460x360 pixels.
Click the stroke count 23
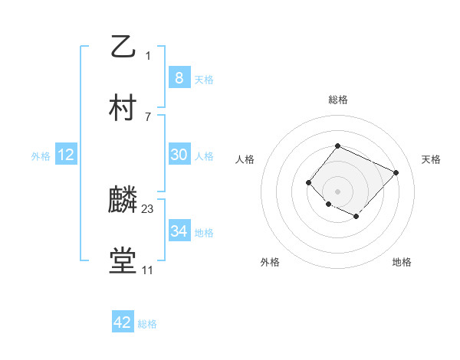tap(148, 208)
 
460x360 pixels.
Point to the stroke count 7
tap(148, 116)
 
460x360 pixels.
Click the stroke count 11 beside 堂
tap(148, 270)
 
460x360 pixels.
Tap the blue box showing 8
tap(179, 77)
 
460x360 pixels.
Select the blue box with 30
tap(179, 155)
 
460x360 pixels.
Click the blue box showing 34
tap(179, 231)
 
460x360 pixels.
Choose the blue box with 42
tap(122, 322)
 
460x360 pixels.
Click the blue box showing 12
tap(66, 155)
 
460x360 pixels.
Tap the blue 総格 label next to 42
tap(147, 324)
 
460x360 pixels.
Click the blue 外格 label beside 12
tap(41, 156)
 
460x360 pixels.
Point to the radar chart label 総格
tap(337, 100)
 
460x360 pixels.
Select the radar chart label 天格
tap(431, 159)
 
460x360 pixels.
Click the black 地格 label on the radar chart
tap(402, 262)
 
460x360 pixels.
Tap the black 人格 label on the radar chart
tap(245, 159)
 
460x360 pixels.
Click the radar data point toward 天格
tap(396, 172)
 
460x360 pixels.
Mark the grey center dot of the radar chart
tap(337, 191)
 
